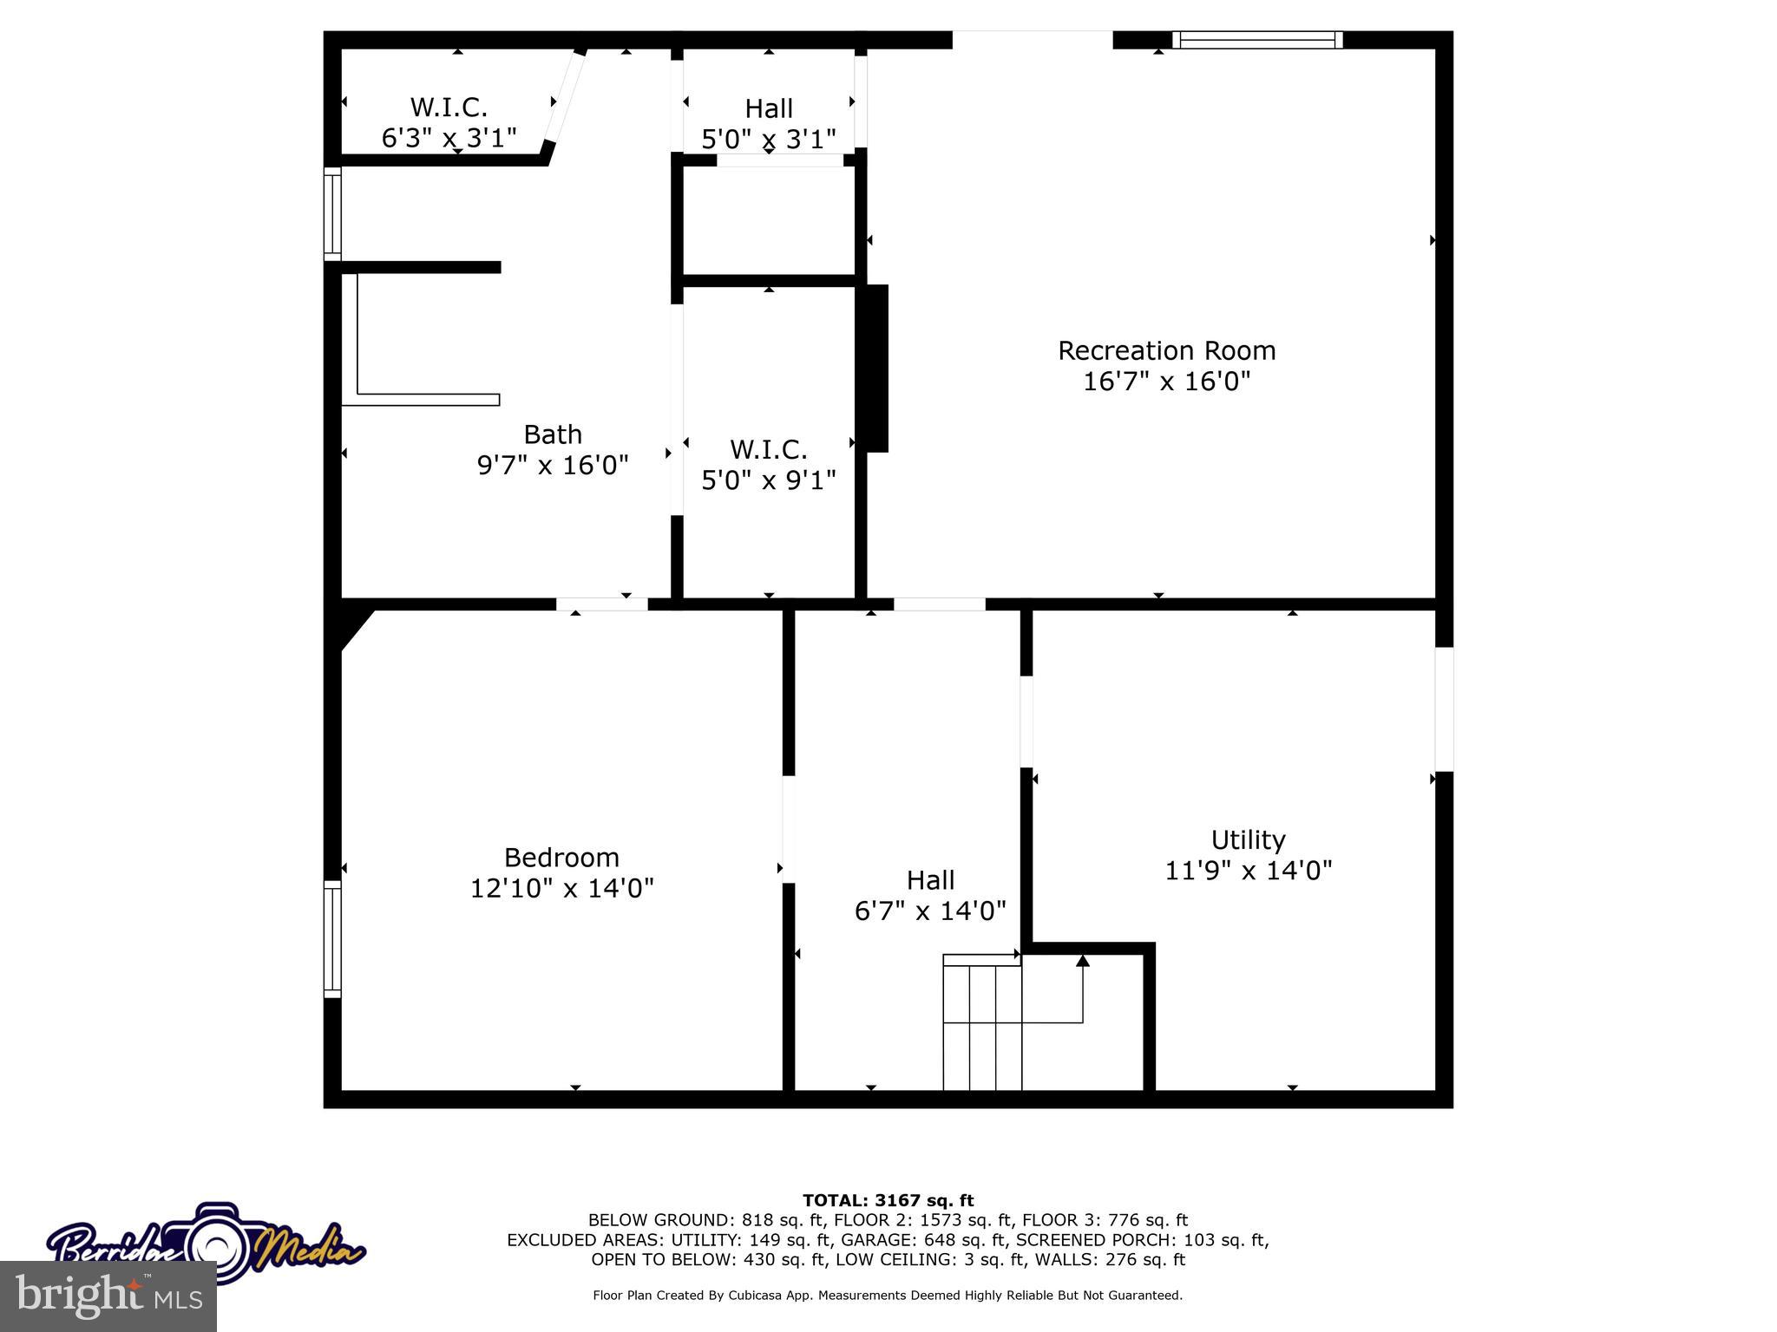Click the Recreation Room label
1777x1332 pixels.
pyautogui.click(x=1166, y=350)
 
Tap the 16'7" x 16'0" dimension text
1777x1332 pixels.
pyautogui.click(x=1166, y=382)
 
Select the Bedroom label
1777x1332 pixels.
pyautogui.click(x=561, y=857)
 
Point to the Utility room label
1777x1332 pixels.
pyautogui.click(x=1248, y=839)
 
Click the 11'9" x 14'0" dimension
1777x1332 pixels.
pyautogui.click(x=1248, y=870)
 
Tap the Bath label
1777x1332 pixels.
pyautogui.click(x=553, y=434)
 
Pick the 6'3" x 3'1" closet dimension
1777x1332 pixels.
pyautogui.click(x=449, y=137)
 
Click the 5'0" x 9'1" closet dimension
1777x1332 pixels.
pyautogui.click(x=768, y=480)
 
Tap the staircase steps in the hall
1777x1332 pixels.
pyautogui.click(x=982, y=1023)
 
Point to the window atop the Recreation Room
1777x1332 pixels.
pyautogui.click(x=1256, y=40)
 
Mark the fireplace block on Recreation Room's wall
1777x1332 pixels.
pyautogui.click(x=875, y=368)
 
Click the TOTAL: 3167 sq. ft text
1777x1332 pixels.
pyautogui.click(x=888, y=1200)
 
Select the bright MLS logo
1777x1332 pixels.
pyautogui.click(x=108, y=1296)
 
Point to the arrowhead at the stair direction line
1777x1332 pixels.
pyautogui.click(x=1082, y=960)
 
